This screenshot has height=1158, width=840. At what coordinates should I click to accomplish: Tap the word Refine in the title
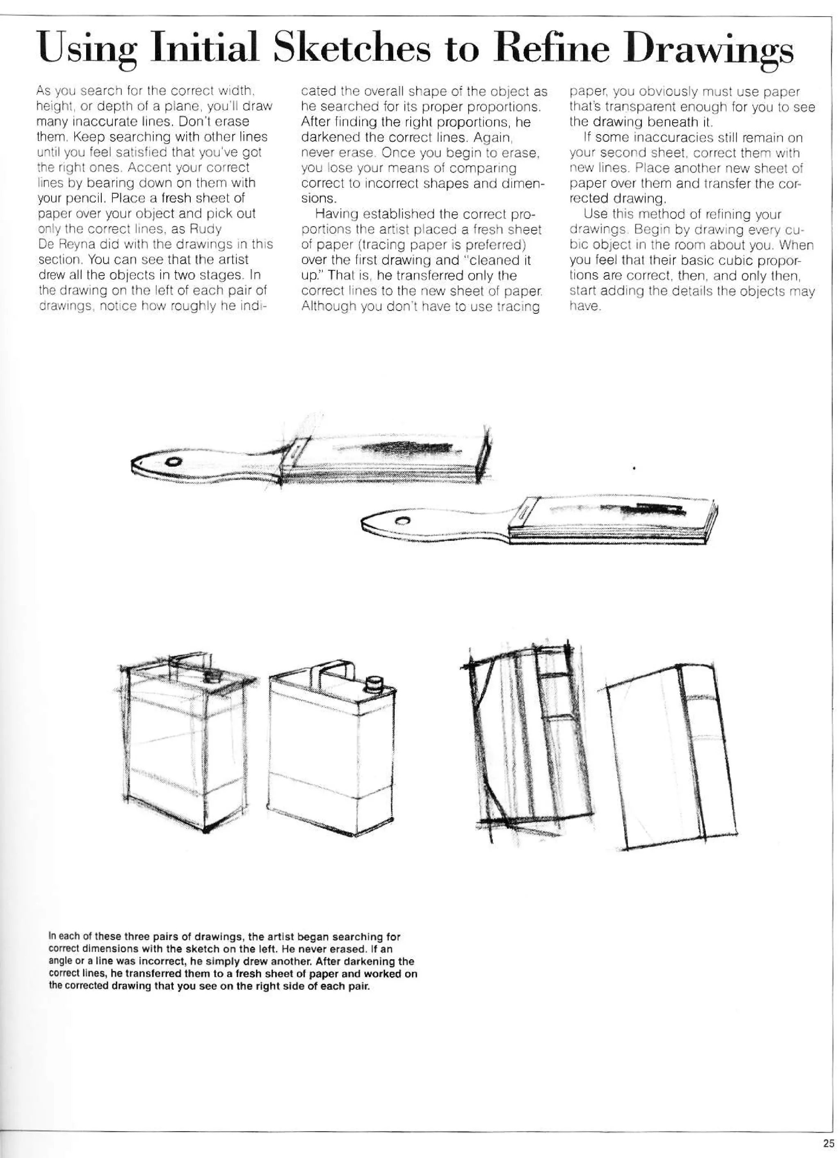point(555,50)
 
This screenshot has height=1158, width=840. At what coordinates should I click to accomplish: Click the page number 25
point(828,1143)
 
